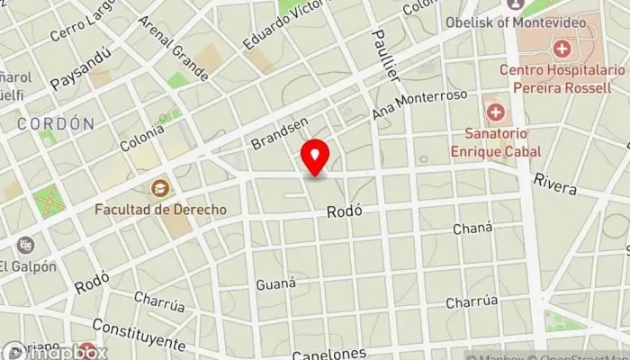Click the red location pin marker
[x=315, y=157]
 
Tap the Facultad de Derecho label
[x=161, y=210]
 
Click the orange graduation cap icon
[x=160, y=189]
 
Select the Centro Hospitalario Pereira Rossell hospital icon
[x=562, y=48]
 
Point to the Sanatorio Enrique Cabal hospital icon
[x=494, y=112]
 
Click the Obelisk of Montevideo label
[x=553, y=21]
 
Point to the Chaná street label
[x=472, y=229]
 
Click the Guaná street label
[x=275, y=283]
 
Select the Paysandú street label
[x=80, y=68]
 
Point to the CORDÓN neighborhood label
[x=55, y=124]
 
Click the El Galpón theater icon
[x=26, y=244]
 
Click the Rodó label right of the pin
[x=345, y=211]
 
